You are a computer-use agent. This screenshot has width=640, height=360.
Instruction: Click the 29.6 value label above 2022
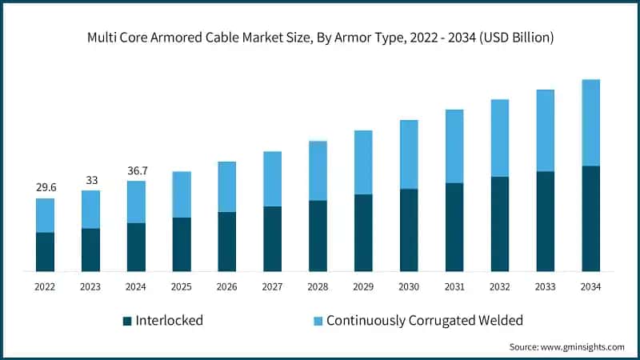46,187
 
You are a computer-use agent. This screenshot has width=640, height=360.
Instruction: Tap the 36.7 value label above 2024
137,170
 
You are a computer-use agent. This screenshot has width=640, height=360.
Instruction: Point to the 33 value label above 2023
91,180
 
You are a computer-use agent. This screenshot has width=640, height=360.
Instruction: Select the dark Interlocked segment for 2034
591,218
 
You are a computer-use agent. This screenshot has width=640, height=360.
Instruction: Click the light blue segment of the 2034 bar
591,122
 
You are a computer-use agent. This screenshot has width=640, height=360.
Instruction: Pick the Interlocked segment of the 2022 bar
46,252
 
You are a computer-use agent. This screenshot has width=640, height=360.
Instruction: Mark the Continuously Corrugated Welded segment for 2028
318,170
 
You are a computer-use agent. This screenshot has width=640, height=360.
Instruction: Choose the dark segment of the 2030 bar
409,230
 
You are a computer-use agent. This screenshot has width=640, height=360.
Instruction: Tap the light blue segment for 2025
182,194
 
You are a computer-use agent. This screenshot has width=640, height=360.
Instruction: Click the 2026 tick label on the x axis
227,286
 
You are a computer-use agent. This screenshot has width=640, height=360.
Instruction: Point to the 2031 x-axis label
454,286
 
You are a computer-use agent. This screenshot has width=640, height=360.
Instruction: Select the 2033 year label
546,286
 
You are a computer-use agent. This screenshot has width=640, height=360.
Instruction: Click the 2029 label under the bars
363,286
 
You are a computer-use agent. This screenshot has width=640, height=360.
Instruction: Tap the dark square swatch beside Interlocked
127,321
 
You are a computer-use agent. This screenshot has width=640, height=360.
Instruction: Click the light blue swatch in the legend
317,321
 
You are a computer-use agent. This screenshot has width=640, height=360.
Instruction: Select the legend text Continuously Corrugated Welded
424,321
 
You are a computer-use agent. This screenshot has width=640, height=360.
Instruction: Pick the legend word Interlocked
170,321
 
